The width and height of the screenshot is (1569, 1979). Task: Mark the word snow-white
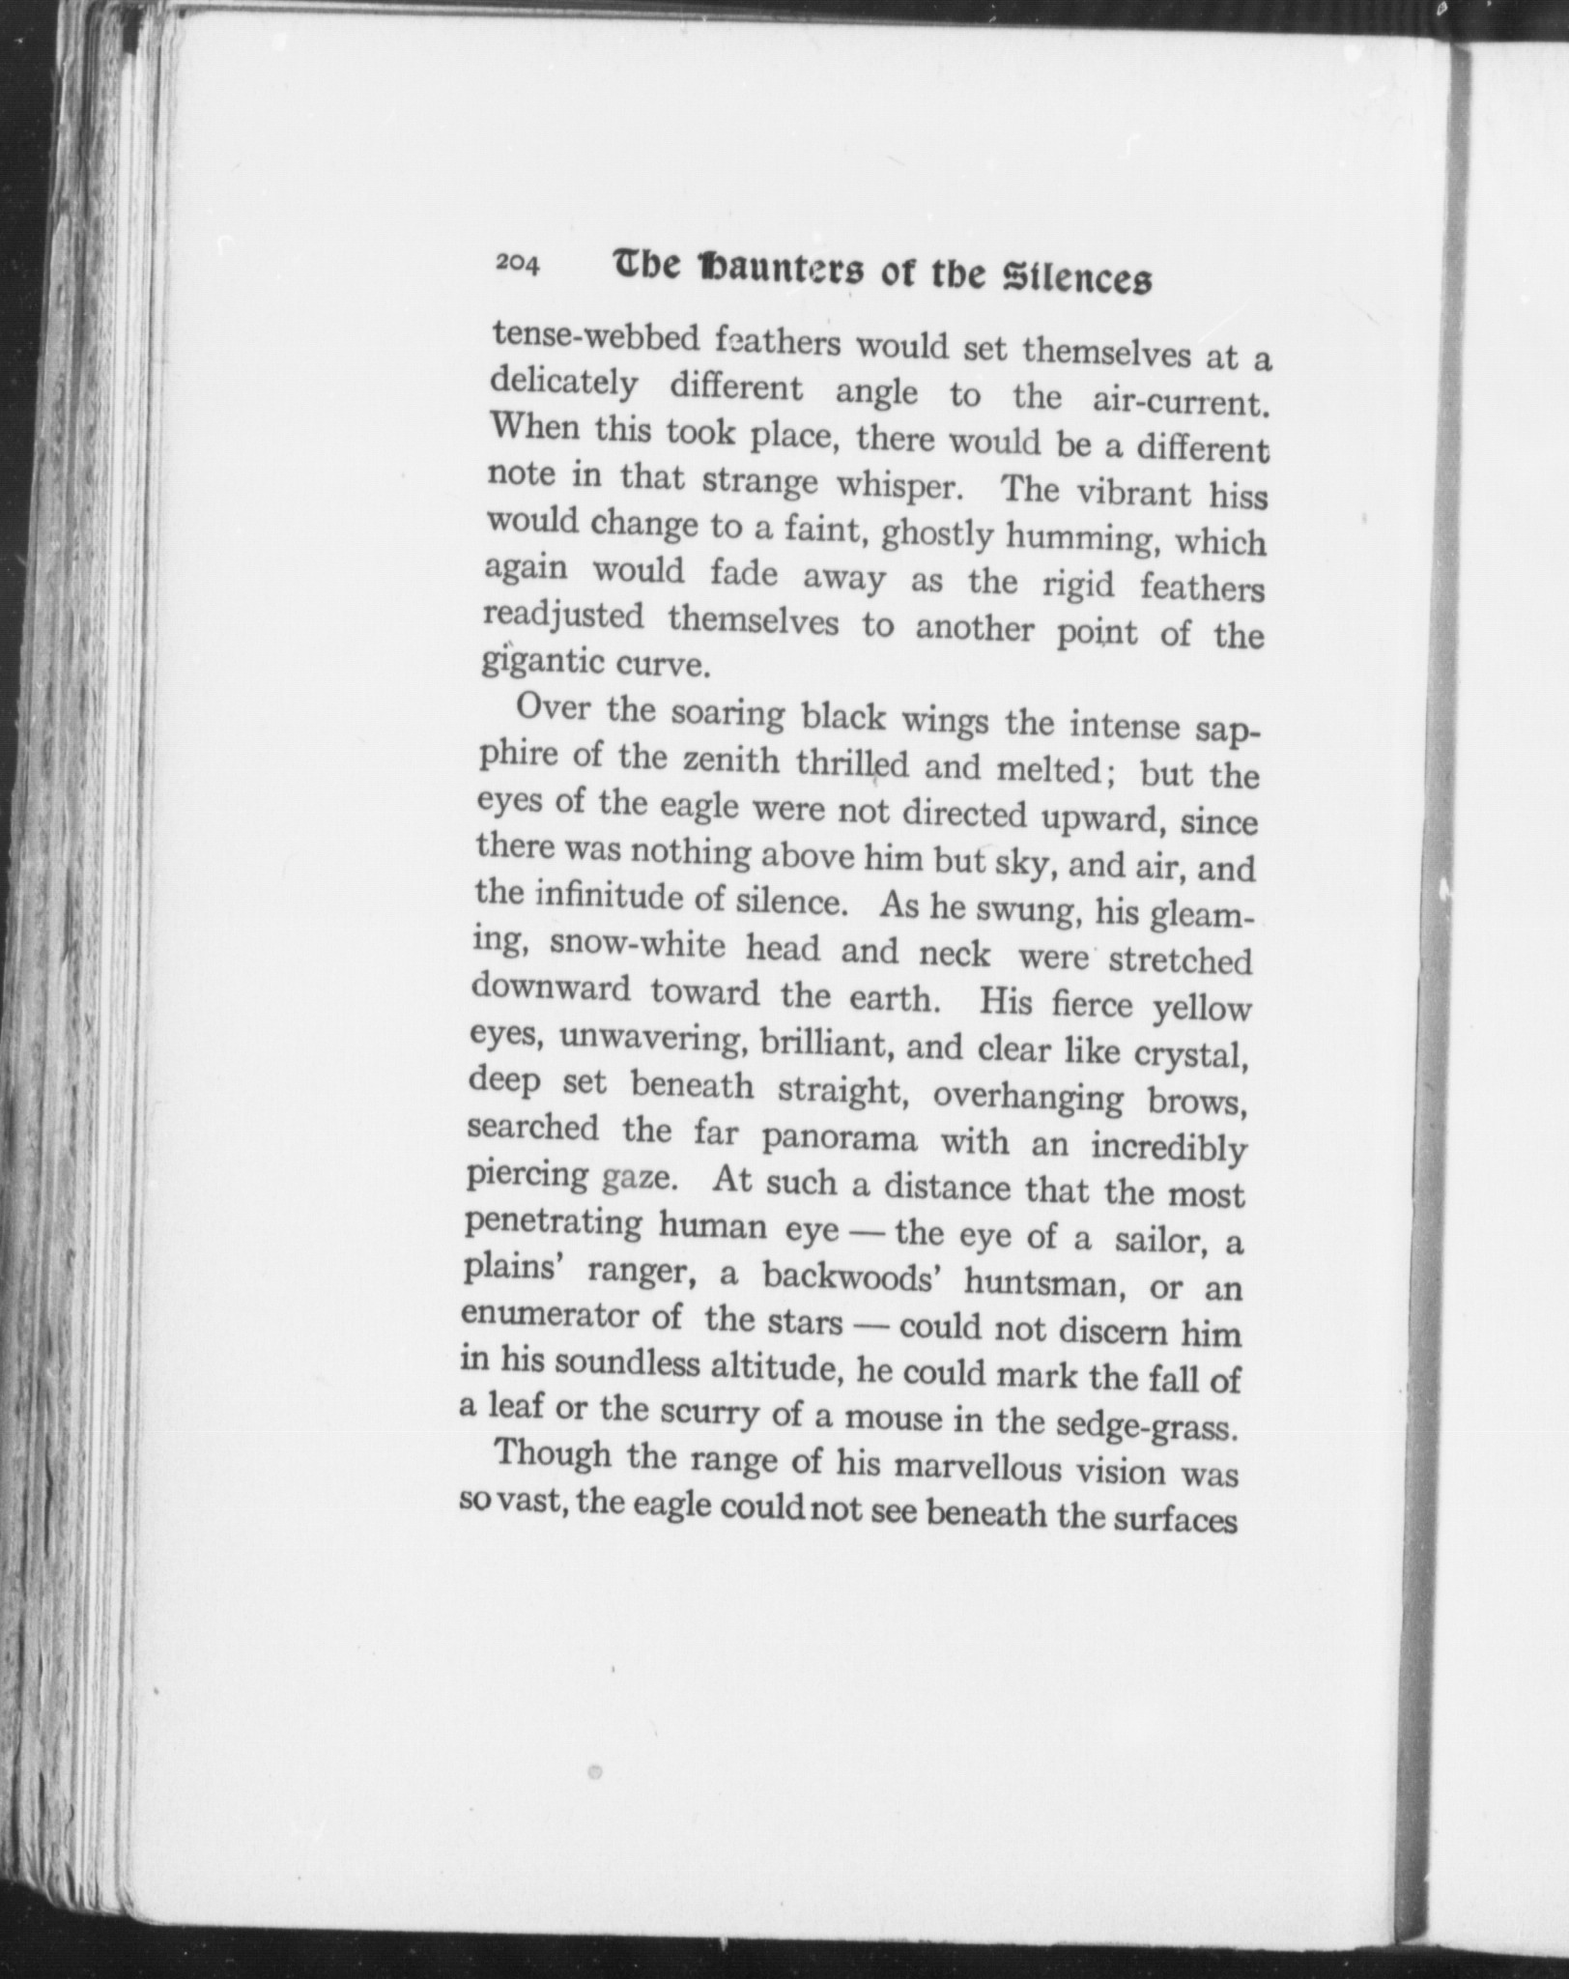(x=637, y=944)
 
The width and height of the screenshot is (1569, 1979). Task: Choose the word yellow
(x=1202, y=1009)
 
